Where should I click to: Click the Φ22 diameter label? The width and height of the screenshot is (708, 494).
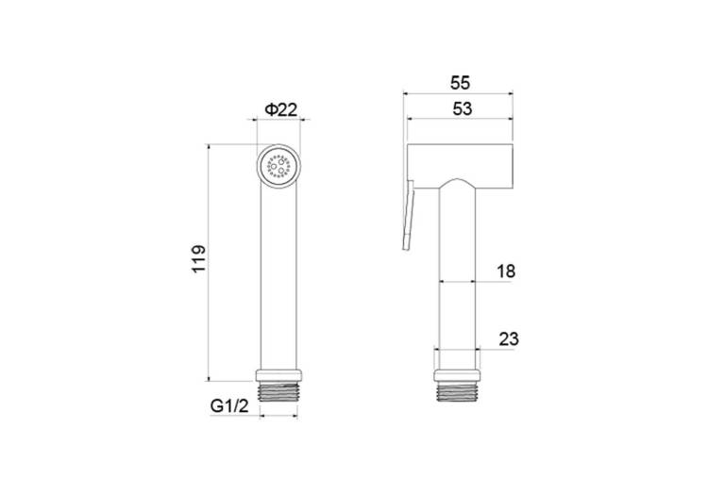[x=281, y=109]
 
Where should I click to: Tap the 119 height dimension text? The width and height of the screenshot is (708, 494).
[x=198, y=258]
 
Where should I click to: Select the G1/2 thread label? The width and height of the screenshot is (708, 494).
[x=229, y=406]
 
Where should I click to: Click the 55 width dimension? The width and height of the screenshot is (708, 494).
[x=460, y=83]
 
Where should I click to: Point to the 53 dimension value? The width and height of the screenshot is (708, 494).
[x=462, y=108]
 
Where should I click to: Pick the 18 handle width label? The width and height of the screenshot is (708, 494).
[x=506, y=272]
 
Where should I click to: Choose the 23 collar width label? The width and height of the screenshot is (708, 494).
[x=509, y=339]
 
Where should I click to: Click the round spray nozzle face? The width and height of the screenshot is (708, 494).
[x=278, y=167]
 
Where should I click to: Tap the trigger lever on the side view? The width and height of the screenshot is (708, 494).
[x=408, y=215]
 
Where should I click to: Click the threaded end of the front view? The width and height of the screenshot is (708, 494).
[x=278, y=391]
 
